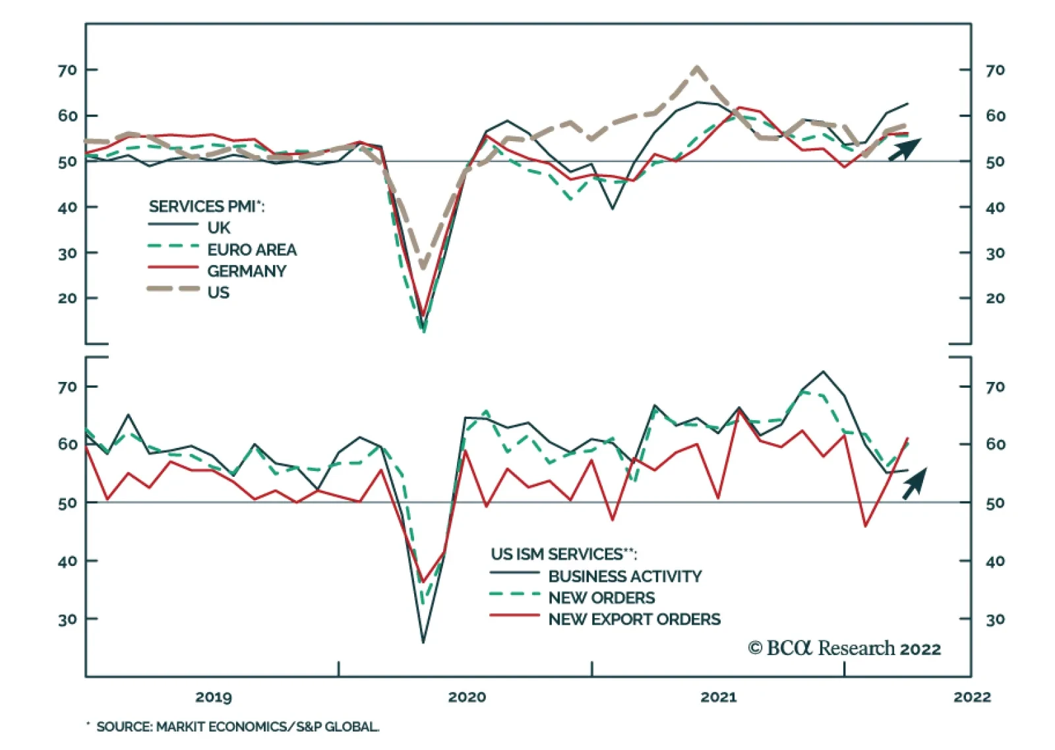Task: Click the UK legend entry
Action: (218, 228)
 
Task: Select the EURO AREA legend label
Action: (251, 249)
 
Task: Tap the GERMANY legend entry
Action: (246, 271)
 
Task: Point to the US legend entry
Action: (218, 292)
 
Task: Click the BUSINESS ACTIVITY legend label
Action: (624, 576)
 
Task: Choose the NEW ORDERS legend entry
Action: (601, 598)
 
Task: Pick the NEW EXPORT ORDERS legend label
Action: (634, 619)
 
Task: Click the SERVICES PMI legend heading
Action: (206, 206)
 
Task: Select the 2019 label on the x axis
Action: (214, 697)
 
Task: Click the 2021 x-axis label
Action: (719, 697)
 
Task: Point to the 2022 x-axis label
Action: (972, 697)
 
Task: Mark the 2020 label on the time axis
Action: (467, 697)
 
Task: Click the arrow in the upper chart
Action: (904, 150)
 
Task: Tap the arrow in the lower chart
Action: (914, 484)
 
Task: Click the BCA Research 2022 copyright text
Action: (844, 648)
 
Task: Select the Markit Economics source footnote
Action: (237, 727)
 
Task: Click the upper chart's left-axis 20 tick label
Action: (67, 298)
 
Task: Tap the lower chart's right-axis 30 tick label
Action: (995, 619)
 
